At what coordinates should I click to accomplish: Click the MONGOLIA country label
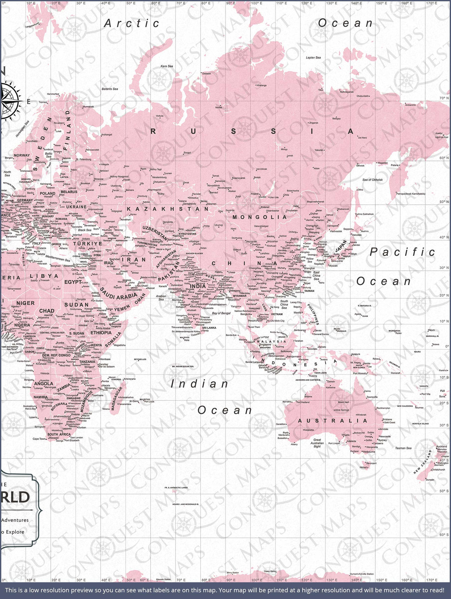(x=259, y=217)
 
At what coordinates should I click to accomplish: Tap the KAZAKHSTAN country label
(x=168, y=209)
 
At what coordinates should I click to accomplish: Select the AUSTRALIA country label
(x=330, y=420)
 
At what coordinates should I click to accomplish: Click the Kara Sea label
(x=167, y=66)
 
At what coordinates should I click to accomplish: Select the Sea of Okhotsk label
(x=372, y=180)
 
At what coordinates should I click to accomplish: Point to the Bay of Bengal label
(x=221, y=313)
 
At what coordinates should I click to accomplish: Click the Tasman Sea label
(x=403, y=448)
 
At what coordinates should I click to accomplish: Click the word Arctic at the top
(x=132, y=23)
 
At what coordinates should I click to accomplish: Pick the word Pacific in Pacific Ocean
(x=402, y=252)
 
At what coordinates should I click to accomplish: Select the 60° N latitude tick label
(x=444, y=158)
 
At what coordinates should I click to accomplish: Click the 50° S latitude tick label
(x=444, y=491)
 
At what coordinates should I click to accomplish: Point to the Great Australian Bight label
(x=317, y=443)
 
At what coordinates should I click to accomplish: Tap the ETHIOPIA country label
(x=101, y=333)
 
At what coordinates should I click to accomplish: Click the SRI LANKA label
(x=209, y=328)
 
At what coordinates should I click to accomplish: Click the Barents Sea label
(x=110, y=89)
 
